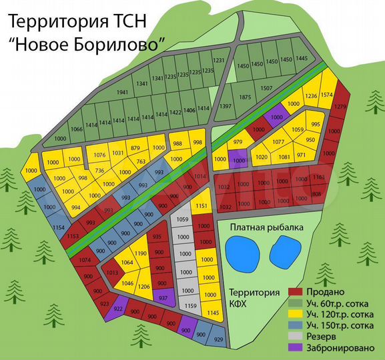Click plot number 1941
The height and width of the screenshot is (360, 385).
pos(121,92)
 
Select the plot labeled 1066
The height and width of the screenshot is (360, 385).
pos(77,129)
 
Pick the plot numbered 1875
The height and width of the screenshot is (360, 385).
pos(245,98)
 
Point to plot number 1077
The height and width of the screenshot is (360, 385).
pos(279,141)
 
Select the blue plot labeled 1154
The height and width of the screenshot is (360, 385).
pos(59,228)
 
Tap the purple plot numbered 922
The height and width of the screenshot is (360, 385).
pos(117,309)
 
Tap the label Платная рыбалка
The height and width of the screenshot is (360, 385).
pos(267,227)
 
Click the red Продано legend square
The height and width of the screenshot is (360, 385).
pos(296,292)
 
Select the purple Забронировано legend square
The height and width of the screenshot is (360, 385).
pos(296,347)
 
